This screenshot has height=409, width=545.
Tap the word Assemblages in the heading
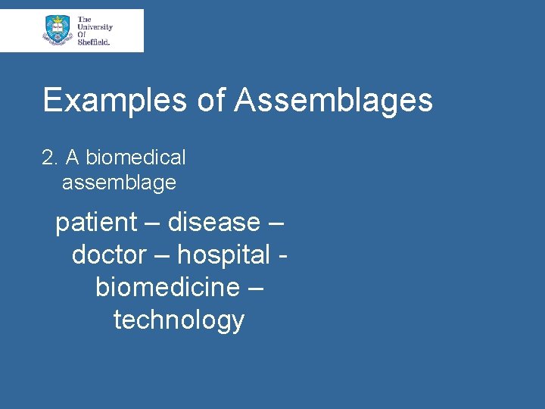[x=333, y=100]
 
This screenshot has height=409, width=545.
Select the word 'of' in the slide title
[x=211, y=100]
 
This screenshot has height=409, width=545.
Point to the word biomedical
[x=135, y=158]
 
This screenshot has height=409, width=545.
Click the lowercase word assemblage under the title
[x=119, y=183]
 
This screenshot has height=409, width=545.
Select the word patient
[x=96, y=223]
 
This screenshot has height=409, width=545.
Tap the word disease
[x=213, y=223]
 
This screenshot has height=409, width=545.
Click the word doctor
[x=109, y=255]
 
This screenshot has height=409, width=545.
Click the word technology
[x=179, y=320]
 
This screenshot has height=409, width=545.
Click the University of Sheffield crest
[x=56, y=30]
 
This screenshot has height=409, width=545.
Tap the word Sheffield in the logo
[x=94, y=42]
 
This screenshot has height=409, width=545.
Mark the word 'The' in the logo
[x=84, y=18]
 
